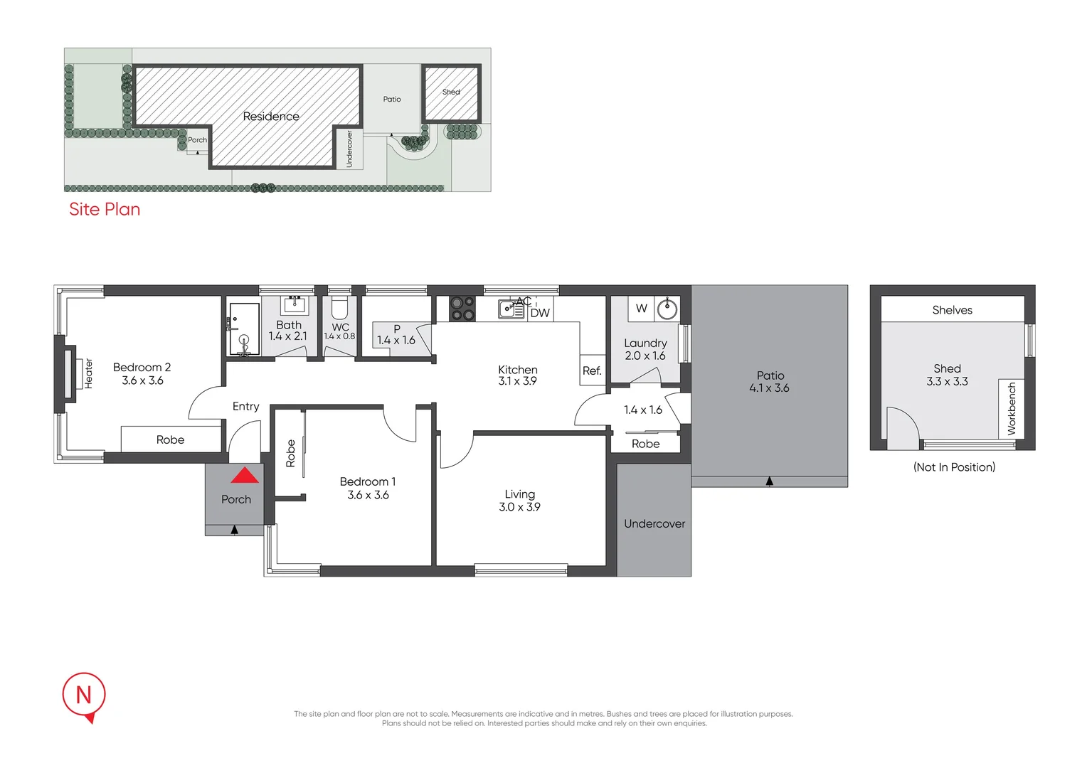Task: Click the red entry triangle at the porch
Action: pyautogui.click(x=245, y=475)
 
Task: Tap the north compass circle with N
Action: pyautogui.click(x=84, y=694)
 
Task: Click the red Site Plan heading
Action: pyautogui.click(x=105, y=209)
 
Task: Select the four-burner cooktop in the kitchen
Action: pyautogui.click(x=462, y=309)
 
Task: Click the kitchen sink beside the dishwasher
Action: pyautogui.click(x=510, y=309)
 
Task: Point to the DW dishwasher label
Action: pyautogui.click(x=540, y=313)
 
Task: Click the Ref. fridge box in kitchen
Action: pyautogui.click(x=592, y=370)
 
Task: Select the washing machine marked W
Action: pyautogui.click(x=642, y=309)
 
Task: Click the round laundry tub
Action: pyautogui.click(x=667, y=309)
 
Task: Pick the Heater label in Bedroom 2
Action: pyautogui.click(x=89, y=373)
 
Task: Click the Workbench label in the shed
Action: pyautogui.click(x=1012, y=408)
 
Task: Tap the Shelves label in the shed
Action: pyautogui.click(x=952, y=310)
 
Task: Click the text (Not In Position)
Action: pyautogui.click(x=954, y=467)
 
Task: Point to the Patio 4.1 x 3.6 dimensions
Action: pyautogui.click(x=769, y=388)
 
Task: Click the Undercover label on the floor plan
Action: pyautogui.click(x=654, y=524)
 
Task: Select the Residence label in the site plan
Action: pyautogui.click(x=271, y=117)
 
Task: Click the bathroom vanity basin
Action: pyautogui.click(x=295, y=306)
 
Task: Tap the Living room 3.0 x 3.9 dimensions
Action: pyautogui.click(x=519, y=507)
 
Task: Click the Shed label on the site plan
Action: pyautogui.click(x=451, y=92)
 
